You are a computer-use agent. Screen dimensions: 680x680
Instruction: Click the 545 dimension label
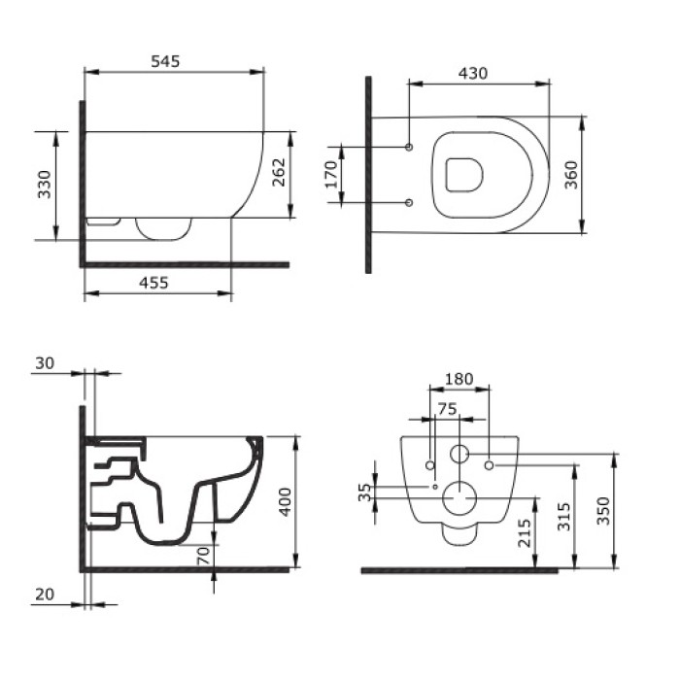(165, 60)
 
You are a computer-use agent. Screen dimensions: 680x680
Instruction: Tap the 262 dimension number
(279, 174)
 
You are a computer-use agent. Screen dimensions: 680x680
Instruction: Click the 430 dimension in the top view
(472, 73)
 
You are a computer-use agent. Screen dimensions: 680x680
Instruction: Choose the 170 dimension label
(330, 175)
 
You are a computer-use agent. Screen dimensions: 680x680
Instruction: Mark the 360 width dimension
(571, 175)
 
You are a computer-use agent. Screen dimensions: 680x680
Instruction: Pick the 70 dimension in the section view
(202, 558)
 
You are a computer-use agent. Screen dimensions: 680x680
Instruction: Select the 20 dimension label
(45, 595)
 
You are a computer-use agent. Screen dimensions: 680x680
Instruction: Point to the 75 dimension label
(445, 410)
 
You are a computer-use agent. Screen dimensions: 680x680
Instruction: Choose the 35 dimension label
(364, 493)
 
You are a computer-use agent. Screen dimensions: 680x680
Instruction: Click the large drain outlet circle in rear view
(458, 499)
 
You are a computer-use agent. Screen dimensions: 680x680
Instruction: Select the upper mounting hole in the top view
(409, 148)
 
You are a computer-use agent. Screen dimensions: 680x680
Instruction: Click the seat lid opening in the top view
(463, 175)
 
